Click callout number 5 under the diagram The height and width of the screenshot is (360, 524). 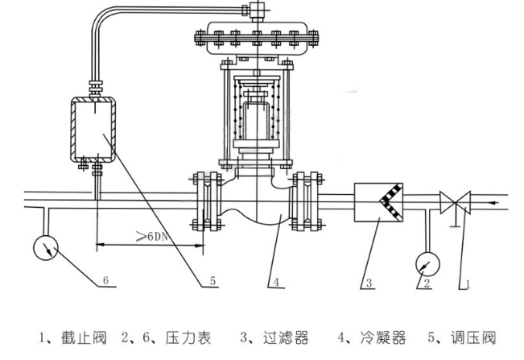(x=212, y=281)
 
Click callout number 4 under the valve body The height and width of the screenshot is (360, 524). (x=274, y=282)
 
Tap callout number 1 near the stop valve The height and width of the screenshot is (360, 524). (x=464, y=283)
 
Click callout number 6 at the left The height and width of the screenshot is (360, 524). (x=105, y=283)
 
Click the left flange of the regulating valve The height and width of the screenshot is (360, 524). (x=206, y=200)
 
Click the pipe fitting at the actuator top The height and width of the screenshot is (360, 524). (x=257, y=9)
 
